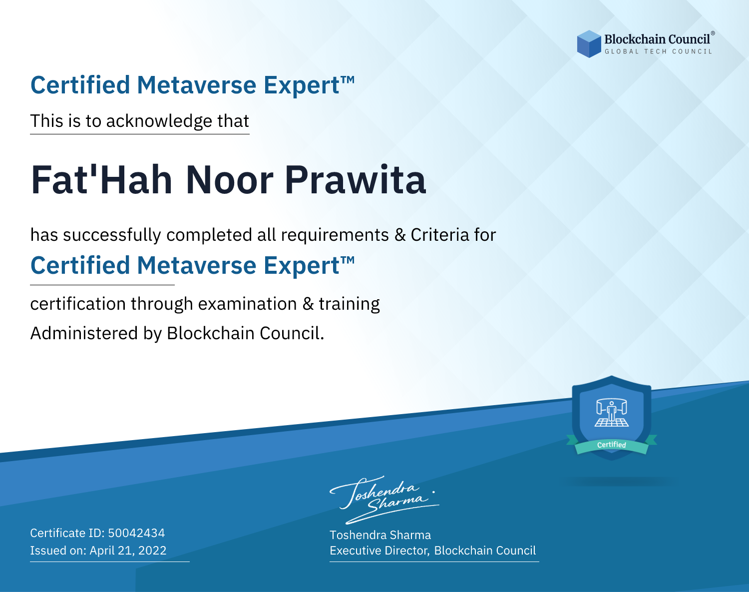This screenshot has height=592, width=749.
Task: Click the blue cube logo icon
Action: [x=589, y=44]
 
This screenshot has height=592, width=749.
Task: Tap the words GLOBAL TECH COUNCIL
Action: [x=658, y=51]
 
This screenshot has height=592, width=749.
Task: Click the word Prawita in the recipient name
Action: [x=356, y=180]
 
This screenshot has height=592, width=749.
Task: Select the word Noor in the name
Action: [x=229, y=180]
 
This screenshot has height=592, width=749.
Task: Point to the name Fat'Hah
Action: [x=101, y=180]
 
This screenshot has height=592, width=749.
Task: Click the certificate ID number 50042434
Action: [x=136, y=533]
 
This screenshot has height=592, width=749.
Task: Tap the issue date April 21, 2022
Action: [x=128, y=550]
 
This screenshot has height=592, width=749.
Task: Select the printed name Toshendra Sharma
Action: [x=380, y=535]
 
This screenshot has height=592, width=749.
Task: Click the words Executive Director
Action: [x=379, y=551]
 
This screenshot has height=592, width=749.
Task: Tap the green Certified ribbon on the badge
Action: [x=612, y=445]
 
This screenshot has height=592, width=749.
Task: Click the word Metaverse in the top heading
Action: [x=197, y=85]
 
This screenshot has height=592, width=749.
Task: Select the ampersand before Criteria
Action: [x=400, y=235]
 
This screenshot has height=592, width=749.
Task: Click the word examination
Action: [x=248, y=304]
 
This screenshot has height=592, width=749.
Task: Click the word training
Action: [x=350, y=304]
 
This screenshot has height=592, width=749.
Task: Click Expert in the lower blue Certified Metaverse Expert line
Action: [x=302, y=266]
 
